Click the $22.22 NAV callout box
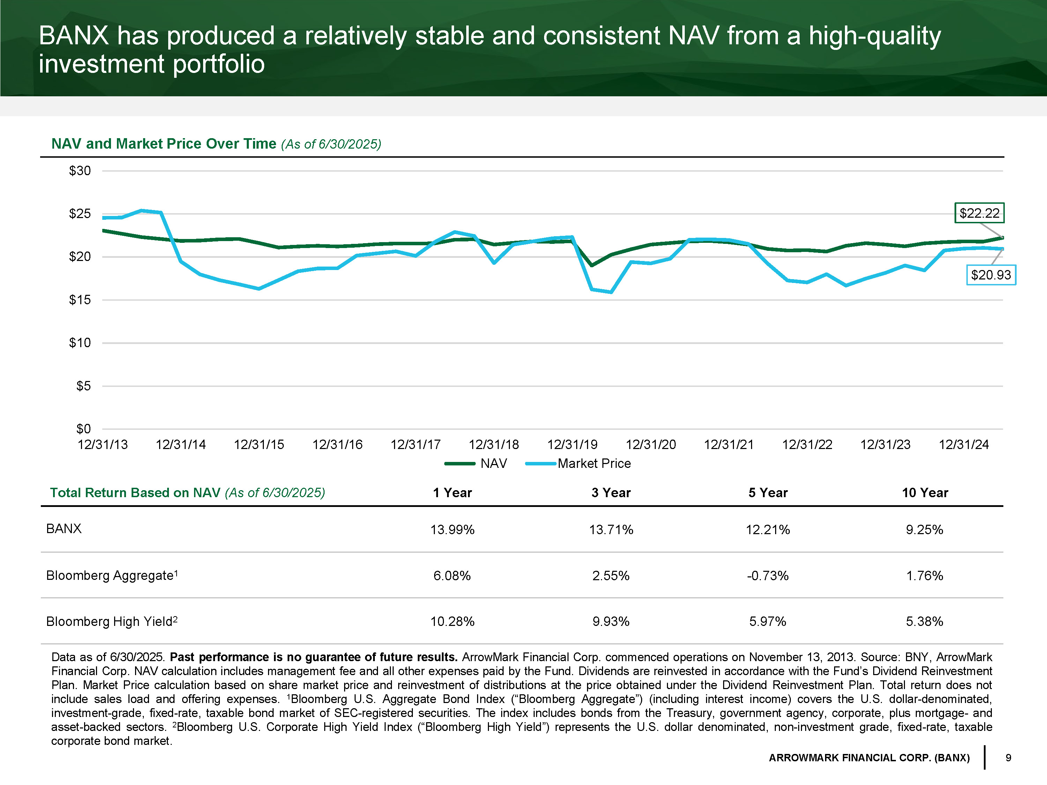pyautogui.click(x=979, y=213)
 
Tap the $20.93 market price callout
pyautogui.click(x=991, y=275)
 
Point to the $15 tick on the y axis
pyautogui.click(x=80, y=299)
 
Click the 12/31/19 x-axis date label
pyautogui.click(x=572, y=445)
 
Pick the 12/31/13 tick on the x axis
pyautogui.click(x=103, y=445)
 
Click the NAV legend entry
pyautogui.click(x=476, y=463)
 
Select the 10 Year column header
pyautogui.click(x=925, y=493)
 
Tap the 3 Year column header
pyautogui.click(x=611, y=493)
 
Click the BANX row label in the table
pyautogui.click(x=64, y=529)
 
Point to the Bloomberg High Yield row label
pyautogui.click(x=112, y=621)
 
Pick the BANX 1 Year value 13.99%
pyautogui.click(x=452, y=530)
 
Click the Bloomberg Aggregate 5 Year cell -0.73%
pyautogui.click(x=767, y=575)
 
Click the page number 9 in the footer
pyautogui.click(x=1008, y=757)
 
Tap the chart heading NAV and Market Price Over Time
pyautogui.click(x=164, y=143)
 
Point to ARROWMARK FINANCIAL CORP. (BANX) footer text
pyautogui.click(x=869, y=757)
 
